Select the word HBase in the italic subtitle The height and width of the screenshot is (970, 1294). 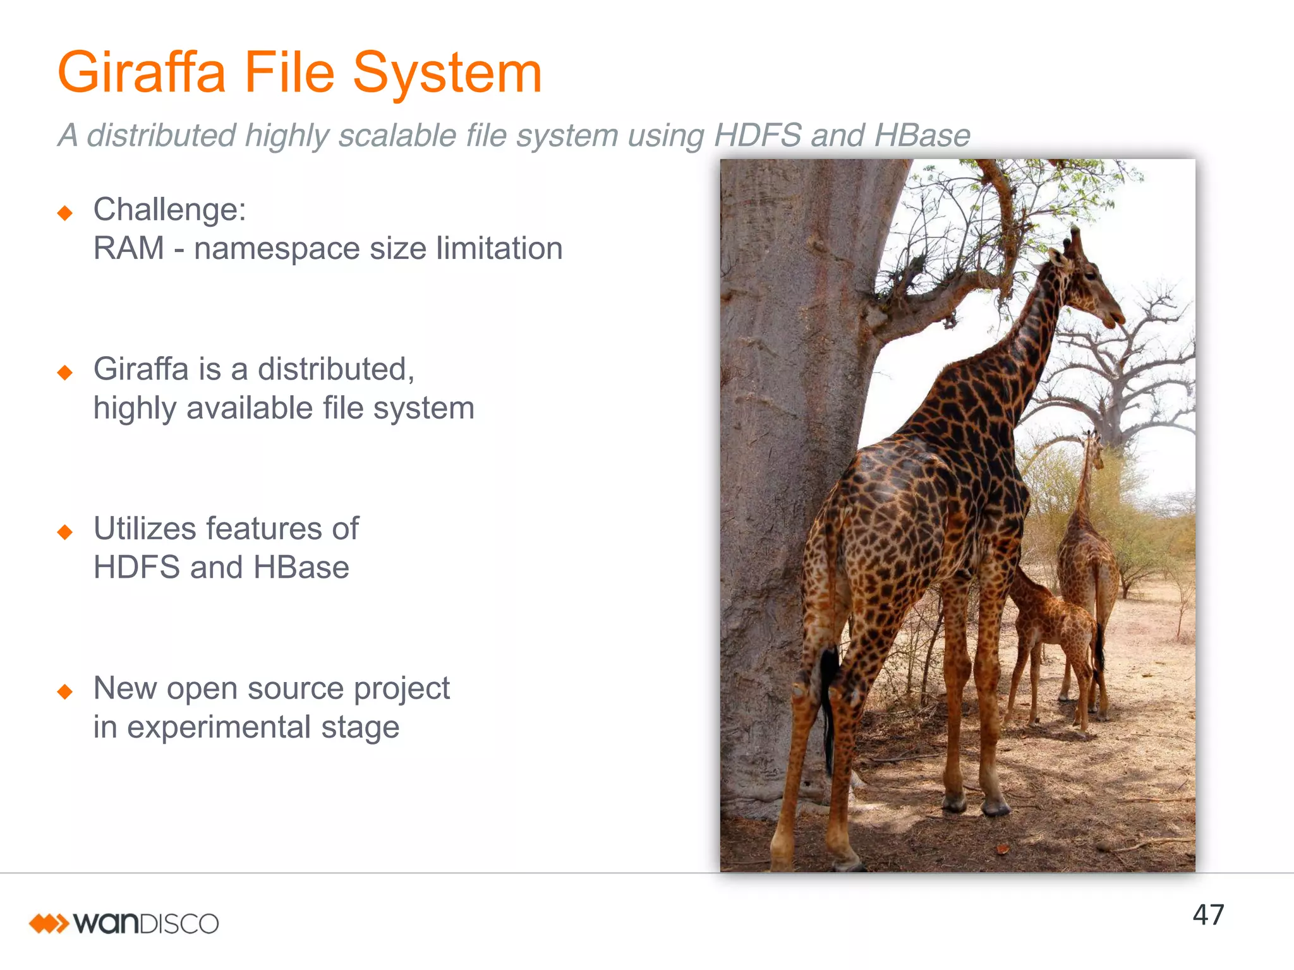click(922, 135)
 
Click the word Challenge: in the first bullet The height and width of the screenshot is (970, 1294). click(169, 210)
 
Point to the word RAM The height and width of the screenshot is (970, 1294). click(128, 248)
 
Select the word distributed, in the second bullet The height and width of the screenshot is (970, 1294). click(336, 369)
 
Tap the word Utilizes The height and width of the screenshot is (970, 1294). click(145, 529)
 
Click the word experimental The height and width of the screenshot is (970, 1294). click(219, 727)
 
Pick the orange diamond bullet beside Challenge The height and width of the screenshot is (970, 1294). click(64, 213)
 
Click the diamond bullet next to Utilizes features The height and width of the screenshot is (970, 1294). click(64, 532)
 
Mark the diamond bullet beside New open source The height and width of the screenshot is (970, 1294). click(64, 692)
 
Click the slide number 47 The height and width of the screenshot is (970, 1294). click(1207, 915)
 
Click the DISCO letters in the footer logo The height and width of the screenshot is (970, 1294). click(178, 924)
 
